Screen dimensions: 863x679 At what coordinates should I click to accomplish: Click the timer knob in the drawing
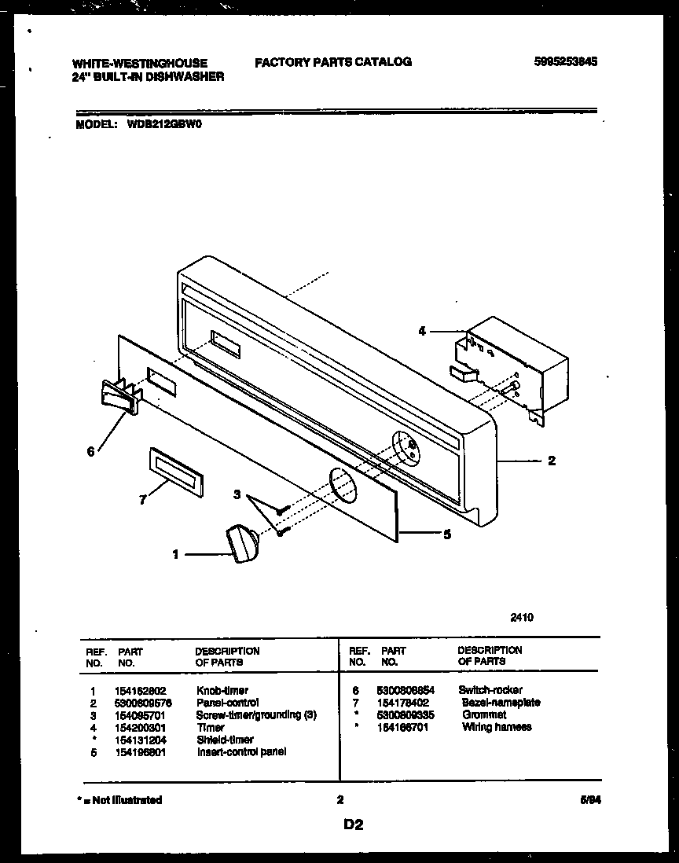(242, 543)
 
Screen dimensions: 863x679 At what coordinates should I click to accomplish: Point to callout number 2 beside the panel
(552, 461)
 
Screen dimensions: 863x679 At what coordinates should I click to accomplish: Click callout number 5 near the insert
(446, 534)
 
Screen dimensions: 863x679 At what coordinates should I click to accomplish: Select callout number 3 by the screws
(237, 494)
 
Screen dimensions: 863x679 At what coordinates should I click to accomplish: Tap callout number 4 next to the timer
(422, 332)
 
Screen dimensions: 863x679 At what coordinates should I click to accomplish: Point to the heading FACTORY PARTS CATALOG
(332, 62)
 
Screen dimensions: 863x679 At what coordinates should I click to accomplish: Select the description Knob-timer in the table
(222, 690)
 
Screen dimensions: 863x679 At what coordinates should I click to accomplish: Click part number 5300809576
(143, 703)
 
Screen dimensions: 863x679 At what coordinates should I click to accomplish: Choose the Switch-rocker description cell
(490, 690)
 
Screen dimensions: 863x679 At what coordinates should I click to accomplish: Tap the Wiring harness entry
(497, 727)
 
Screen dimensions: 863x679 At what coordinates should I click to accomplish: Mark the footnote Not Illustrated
(119, 800)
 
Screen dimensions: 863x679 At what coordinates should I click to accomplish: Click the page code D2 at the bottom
(353, 825)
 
